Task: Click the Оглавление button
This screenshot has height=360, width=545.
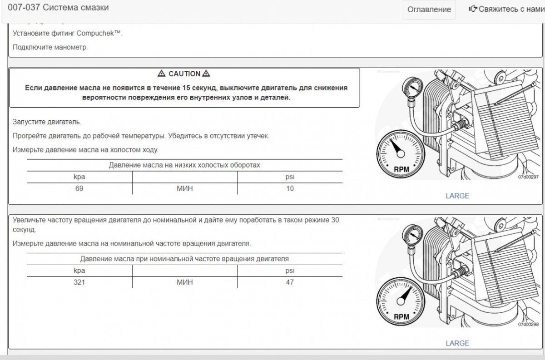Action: point(429,10)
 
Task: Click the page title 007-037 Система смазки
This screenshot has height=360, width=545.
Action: point(58,8)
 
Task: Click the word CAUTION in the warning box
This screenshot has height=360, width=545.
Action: point(184,74)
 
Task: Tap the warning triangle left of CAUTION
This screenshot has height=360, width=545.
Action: point(161,74)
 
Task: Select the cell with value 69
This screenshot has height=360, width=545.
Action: point(79,188)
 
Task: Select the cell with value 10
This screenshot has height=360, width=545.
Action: point(290,188)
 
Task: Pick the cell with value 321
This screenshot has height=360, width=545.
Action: point(79,282)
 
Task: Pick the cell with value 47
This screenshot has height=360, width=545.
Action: point(290,282)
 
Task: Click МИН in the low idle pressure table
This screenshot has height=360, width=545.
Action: point(184,188)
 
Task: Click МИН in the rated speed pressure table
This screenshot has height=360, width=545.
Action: point(184,282)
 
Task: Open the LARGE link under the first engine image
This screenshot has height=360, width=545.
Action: point(457,196)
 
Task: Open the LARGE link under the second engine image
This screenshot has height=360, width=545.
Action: point(457,343)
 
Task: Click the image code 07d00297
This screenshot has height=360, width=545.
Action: point(528,178)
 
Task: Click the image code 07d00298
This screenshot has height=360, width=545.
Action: point(528,325)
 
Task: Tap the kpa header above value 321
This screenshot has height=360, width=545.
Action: point(79,271)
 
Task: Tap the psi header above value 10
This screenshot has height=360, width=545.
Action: point(290,177)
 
